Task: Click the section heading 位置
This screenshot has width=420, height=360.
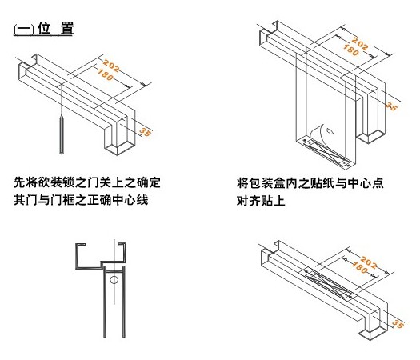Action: pyautogui.click(x=55, y=28)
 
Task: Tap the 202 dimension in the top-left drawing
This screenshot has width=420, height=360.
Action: pyautogui.click(x=111, y=66)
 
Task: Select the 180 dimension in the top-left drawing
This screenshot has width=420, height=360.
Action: pyautogui.click(x=106, y=74)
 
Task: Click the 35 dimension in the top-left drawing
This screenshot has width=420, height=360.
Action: pyautogui.click(x=145, y=132)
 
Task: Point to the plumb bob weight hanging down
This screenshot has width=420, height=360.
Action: pyautogui.click(x=62, y=134)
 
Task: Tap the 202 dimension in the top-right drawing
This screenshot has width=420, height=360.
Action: pyautogui.click(x=360, y=44)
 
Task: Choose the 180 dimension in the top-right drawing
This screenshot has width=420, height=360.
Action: pyautogui.click(x=351, y=50)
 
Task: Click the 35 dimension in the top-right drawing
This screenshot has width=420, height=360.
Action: pyautogui.click(x=391, y=106)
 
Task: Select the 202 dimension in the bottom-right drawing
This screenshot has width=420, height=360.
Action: pyautogui.click(x=368, y=262)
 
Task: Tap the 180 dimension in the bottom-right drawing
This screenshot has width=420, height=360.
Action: pyautogui.click(x=360, y=268)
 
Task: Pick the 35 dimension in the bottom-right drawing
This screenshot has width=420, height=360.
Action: pyautogui.click(x=398, y=324)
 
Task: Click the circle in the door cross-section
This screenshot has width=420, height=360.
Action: pyautogui.click(x=114, y=280)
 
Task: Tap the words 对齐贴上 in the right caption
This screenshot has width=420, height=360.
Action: pyautogui.click(x=261, y=201)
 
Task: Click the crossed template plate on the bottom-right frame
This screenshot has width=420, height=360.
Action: pyautogui.click(x=328, y=285)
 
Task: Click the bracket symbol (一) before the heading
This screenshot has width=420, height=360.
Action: pyautogui.click(x=24, y=30)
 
